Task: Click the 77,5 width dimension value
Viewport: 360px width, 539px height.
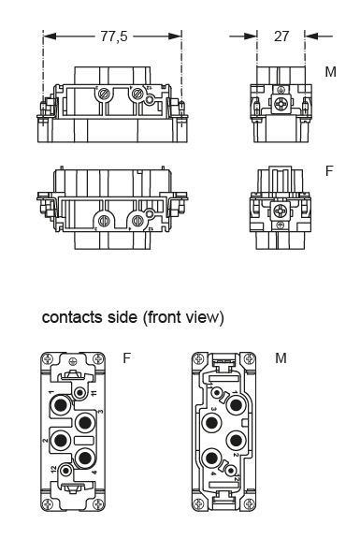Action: (113, 36)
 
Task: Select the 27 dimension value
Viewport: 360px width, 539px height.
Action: (281, 36)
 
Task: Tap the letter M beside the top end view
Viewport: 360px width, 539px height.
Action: (330, 72)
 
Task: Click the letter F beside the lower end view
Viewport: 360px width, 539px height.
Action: (329, 171)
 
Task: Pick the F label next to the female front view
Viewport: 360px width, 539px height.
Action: (127, 358)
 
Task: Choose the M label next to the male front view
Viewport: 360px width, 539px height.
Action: (281, 358)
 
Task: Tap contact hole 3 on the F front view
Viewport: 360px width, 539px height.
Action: (86, 422)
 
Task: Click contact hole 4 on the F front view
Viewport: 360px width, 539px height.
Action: (86, 459)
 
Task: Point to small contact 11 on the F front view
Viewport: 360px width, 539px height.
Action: (82, 394)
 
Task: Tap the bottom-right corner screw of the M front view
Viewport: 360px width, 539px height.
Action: (249, 507)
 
